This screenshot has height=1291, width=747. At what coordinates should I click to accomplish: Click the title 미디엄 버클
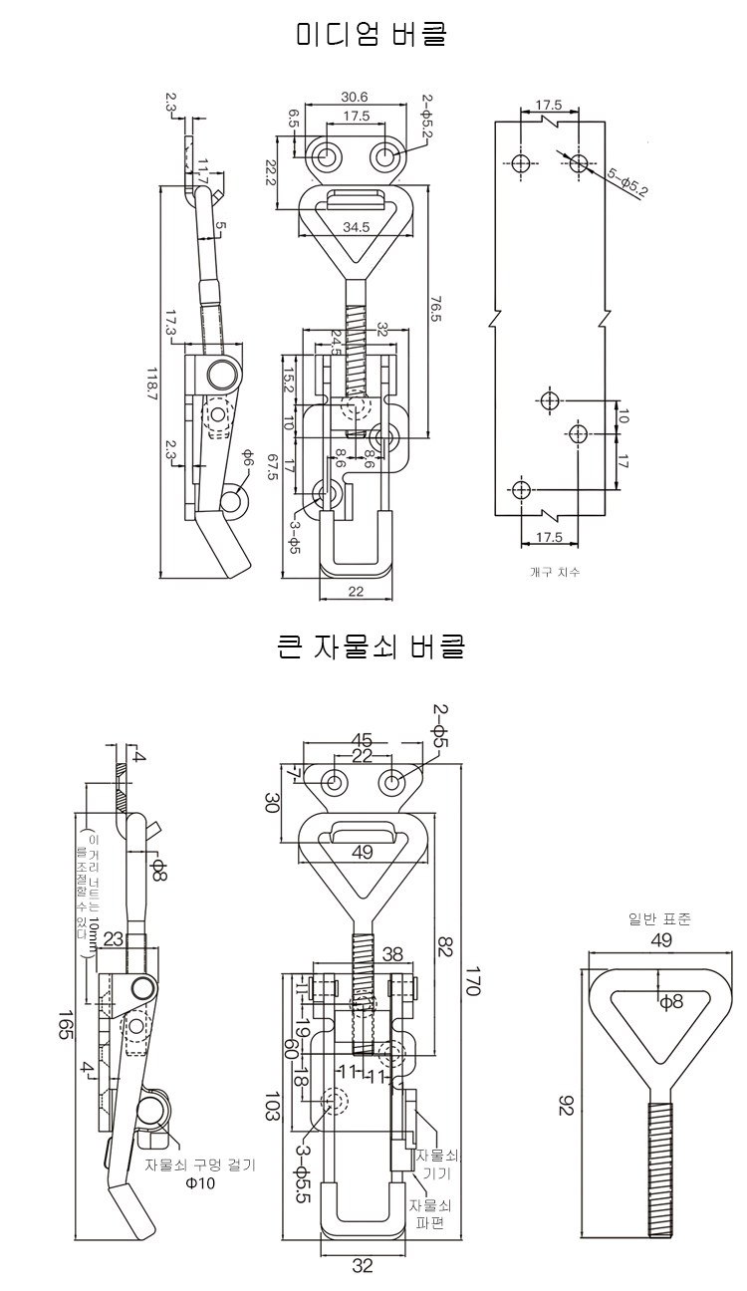pos(372,36)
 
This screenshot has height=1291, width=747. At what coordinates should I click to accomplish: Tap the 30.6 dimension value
pos(354,97)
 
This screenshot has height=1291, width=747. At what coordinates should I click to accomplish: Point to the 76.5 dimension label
pos(435,307)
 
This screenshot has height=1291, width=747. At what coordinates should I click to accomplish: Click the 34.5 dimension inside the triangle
pos(356,227)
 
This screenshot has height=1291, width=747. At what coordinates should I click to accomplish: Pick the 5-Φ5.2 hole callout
pos(627,184)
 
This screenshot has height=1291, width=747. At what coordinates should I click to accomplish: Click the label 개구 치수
pos(555,572)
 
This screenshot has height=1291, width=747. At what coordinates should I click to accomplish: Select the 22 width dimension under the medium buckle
pos(355,591)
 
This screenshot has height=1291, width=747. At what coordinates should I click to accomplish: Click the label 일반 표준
pos(651,918)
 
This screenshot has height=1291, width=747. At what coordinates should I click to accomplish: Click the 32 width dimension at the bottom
pos(363,1266)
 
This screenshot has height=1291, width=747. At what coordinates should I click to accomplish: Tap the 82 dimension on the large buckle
pos(443,943)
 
